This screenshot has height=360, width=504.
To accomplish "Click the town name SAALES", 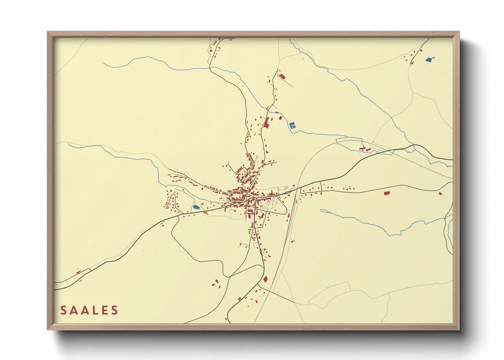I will pyautogui.click(x=89, y=310).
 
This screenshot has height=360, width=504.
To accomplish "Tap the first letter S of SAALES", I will pyautogui.click(x=63, y=310).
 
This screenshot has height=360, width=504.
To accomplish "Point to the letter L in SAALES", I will pyautogui.click(x=90, y=310).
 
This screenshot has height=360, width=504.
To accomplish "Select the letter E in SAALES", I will pyautogui.click(x=102, y=310).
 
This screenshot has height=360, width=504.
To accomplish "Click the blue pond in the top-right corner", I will pyautogui.click(x=429, y=60).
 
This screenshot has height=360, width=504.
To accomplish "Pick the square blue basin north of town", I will pyautogui.click(x=292, y=125).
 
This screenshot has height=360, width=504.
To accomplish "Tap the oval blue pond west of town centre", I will pyautogui.click(x=196, y=207).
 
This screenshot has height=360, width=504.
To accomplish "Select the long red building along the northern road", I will pyautogui.click(x=267, y=122).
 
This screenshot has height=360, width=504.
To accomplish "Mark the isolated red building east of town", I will pyautogui.click(x=387, y=193).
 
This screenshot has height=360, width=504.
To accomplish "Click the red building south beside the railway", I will pyautogui.click(x=265, y=279).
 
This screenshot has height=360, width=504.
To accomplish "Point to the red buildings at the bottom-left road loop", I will pyautogui.click(x=79, y=272).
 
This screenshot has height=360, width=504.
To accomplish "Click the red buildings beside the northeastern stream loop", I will pyautogui.click(x=365, y=149).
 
